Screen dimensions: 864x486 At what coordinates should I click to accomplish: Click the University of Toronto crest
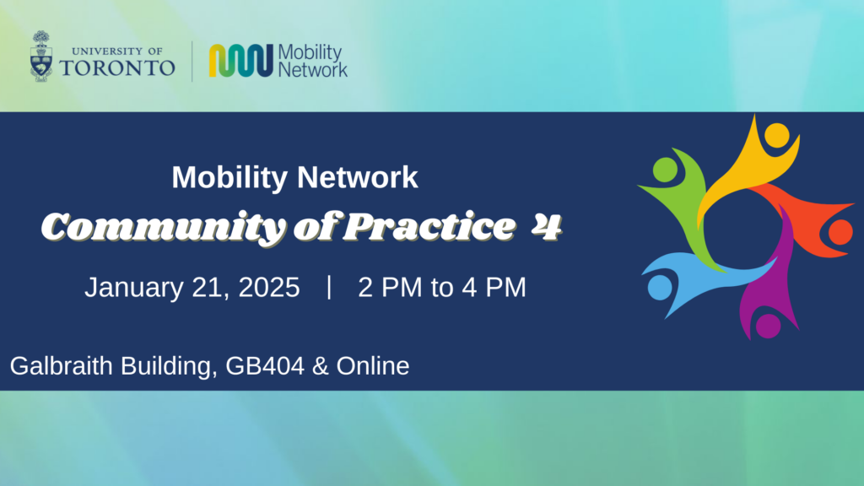tap(41, 57)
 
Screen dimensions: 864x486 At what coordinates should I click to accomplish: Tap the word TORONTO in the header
tap(117, 67)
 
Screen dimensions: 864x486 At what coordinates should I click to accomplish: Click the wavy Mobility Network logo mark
tap(240, 61)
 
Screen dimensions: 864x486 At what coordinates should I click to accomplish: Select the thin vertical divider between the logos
tap(192, 61)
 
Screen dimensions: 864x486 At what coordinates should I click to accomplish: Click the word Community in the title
tap(164, 227)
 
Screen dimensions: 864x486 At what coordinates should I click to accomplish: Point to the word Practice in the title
tap(429, 226)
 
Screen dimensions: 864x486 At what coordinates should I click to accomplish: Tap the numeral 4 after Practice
tap(547, 226)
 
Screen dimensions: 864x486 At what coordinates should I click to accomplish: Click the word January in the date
tap(134, 288)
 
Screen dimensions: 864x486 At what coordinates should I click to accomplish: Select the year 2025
tap(269, 288)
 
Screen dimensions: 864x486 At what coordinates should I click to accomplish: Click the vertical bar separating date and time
tap(329, 287)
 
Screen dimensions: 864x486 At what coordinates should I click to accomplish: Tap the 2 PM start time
tap(390, 288)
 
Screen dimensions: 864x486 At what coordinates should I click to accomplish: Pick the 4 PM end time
tap(494, 288)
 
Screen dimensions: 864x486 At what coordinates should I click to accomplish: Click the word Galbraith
tap(61, 366)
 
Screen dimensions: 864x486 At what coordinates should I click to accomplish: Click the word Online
tap(373, 366)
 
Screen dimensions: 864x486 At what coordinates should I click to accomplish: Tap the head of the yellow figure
tap(777, 136)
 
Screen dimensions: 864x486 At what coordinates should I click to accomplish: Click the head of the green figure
tap(665, 170)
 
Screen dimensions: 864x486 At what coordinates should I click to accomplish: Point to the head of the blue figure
tap(660, 288)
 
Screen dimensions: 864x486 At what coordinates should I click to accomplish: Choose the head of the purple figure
tap(768, 326)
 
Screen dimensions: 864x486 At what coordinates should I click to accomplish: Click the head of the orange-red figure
tap(840, 232)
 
